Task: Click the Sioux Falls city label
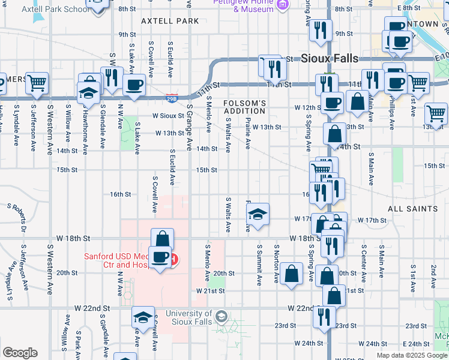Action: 329,58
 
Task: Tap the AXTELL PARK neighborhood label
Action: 170,21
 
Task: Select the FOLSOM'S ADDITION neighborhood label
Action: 244,107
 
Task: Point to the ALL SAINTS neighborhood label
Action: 413,209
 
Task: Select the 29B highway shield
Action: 172,98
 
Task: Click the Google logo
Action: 20,352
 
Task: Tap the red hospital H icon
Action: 174,259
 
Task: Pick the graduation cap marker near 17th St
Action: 258,215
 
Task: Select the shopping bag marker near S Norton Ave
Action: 291,274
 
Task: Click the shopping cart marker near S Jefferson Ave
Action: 37,82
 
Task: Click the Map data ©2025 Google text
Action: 411,355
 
